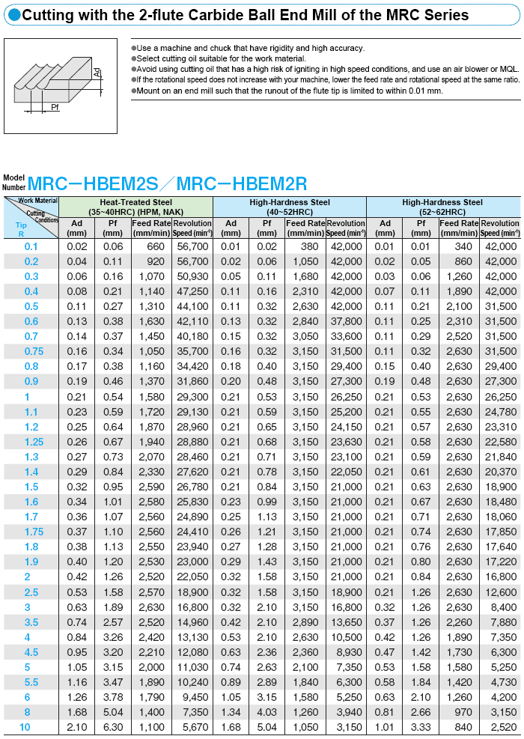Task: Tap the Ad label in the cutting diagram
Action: (97, 73)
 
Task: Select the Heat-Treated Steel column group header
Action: (135, 207)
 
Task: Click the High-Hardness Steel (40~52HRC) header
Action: (289, 207)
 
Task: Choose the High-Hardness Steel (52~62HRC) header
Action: (442, 207)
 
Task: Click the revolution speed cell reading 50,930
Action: (192, 276)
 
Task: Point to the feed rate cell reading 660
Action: (152, 246)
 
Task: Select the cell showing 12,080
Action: (192, 652)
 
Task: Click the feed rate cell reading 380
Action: (305, 246)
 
